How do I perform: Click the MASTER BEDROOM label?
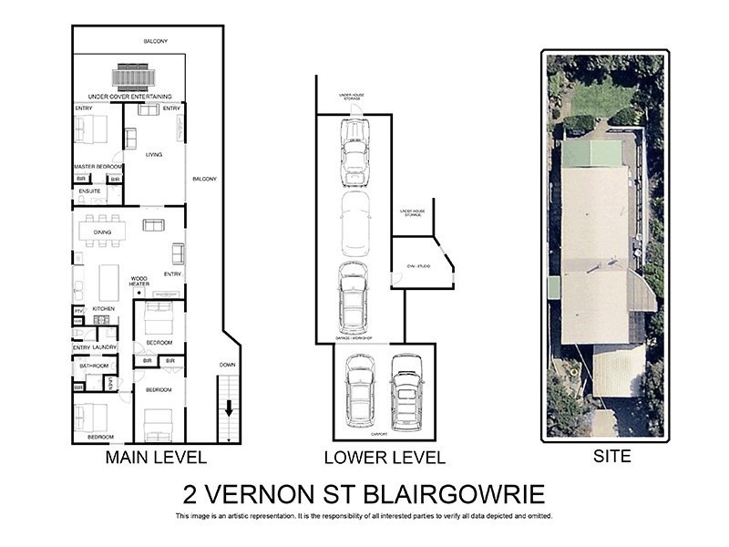coord(98,166)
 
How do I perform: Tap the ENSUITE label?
coord(89,191)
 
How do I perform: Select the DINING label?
coord(102,232)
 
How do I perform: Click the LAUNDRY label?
coord(104,347)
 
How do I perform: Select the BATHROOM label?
coord(94,366)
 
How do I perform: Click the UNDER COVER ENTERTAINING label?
coord(129,96)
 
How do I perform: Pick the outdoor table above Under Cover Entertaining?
coord(129,77)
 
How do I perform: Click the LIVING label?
coord(154,155)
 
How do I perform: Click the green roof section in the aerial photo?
coord(591,153)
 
